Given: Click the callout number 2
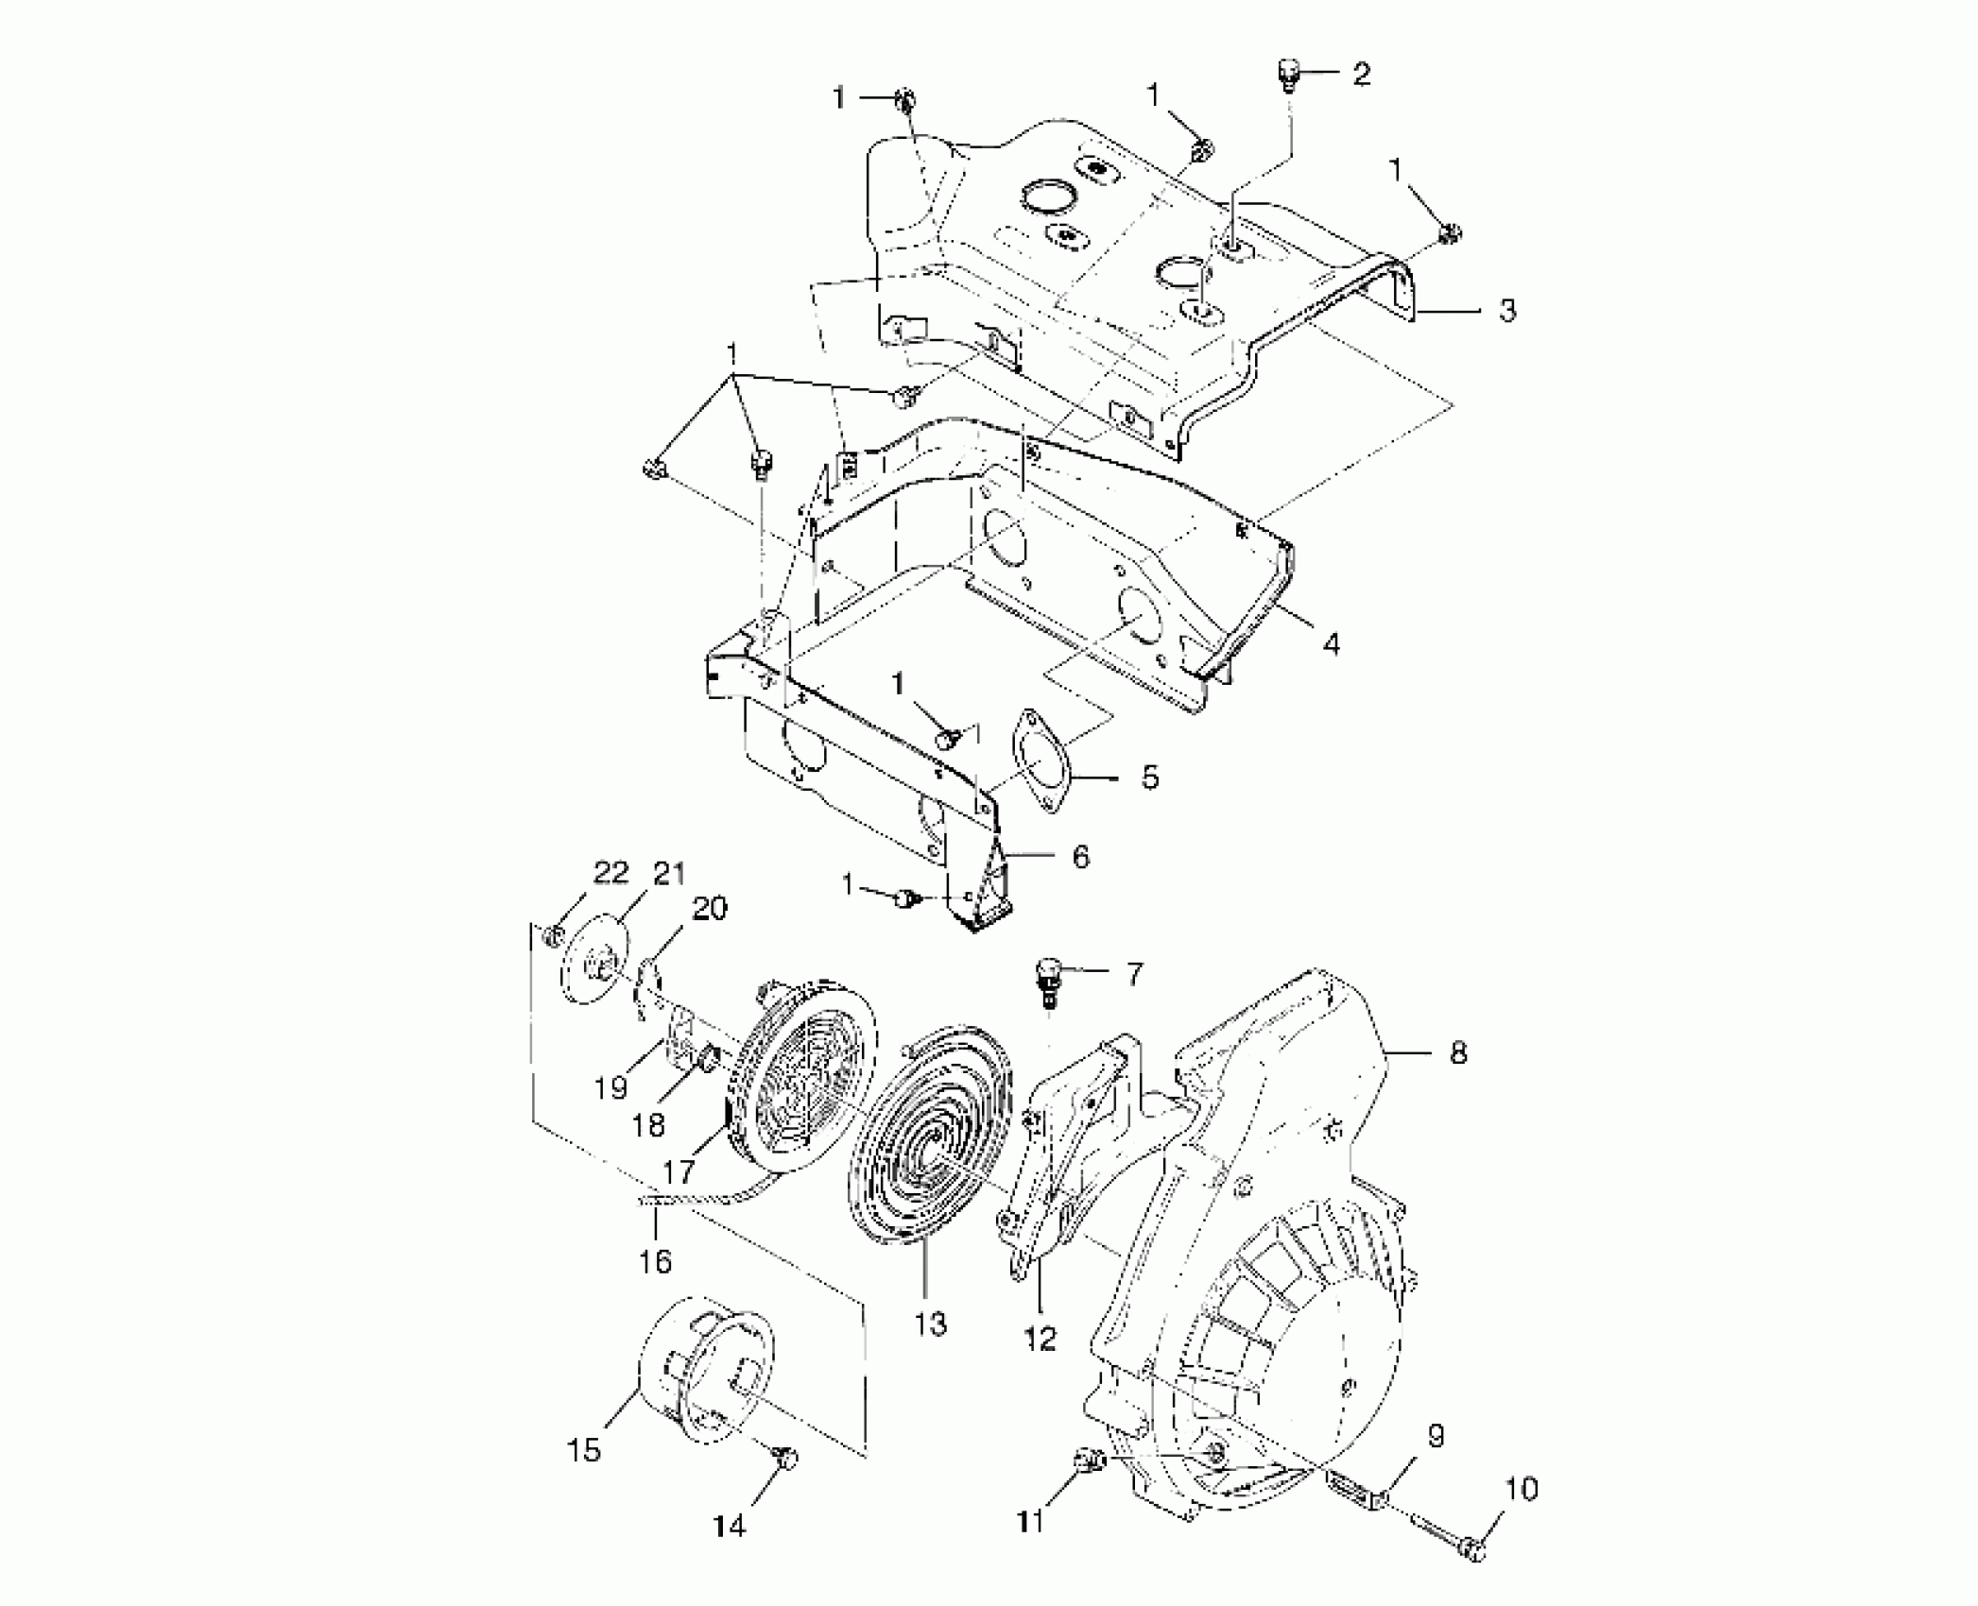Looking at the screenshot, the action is (1361, 74).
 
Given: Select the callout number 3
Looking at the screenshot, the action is (1507, 310).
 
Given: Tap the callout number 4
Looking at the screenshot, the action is (1331, 644).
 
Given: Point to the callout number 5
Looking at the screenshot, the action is (1149, 777).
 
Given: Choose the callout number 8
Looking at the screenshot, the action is (1457, 1052).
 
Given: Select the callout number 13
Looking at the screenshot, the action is (930, 1324).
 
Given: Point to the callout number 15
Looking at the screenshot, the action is (584, 1449).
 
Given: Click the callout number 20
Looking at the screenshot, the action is (710, 909).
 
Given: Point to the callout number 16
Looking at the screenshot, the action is (655, 1261).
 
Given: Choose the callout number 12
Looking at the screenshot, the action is (1040, 1338).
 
